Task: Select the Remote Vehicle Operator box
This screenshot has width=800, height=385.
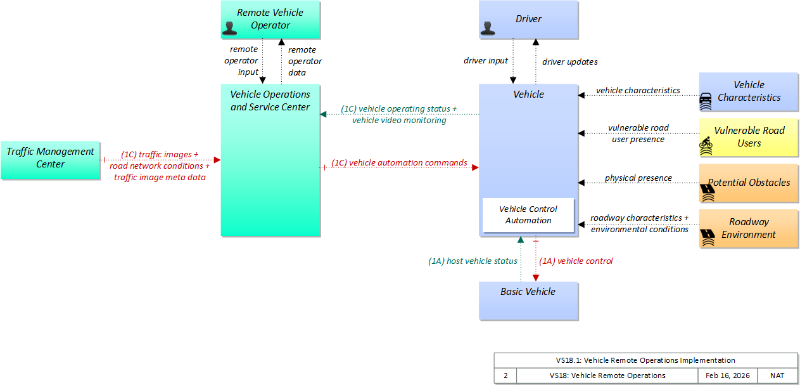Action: pyautogui.click(x=270, y=19)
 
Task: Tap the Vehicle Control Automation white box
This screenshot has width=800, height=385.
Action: pyautogui.click(x=528, y=215)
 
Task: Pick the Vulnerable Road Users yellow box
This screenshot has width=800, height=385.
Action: pyautogui.click(x=749, y=137)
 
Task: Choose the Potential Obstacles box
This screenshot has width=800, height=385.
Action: pyautogui.click(x=749, y=183)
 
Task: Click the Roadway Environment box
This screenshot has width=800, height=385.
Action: pyautogui.click(x=749, y=228)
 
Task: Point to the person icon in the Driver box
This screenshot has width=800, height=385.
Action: pyautogui.click(x=487, y=27)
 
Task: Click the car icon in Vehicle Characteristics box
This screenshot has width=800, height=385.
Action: pyautogui.click(x=706, y=100)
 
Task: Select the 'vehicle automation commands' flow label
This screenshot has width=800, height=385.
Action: pyautogui.click(x=399, y=163)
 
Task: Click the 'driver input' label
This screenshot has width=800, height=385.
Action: pyautogui.click(x=486, y=61)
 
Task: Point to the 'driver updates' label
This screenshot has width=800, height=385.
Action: pyautogui.click(x=569, y=62)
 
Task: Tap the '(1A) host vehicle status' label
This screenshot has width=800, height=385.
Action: pyautogui.click(x=473, y=261)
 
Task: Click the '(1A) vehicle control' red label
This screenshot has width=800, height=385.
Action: pyautogui.click(x=576, y=261)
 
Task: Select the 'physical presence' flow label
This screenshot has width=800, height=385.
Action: pyautogui.click(x=638, y=178)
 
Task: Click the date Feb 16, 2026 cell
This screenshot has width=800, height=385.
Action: pyautogui.click(x=727, y=375)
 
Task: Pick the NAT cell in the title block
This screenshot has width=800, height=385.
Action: pyautogui.click(x=777, y=375)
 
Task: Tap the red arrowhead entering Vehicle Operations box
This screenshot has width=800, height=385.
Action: pyautogui.click(x=217, y=160)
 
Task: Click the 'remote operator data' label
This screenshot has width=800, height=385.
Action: pyautogui.click(x=305, y=61)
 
